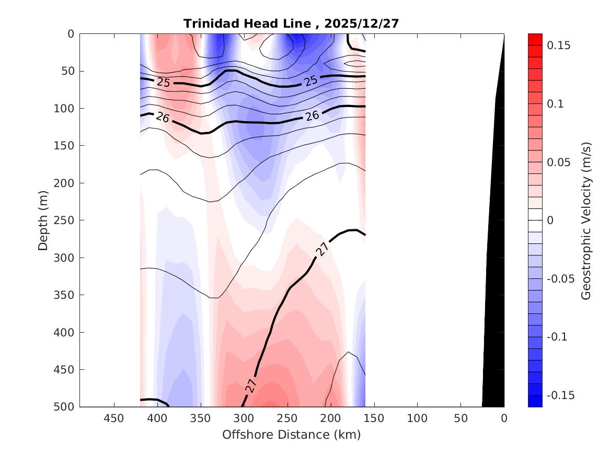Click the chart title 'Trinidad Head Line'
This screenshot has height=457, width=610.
[x=248, y=24]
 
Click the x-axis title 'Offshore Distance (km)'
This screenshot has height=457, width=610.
[x=292, y=435]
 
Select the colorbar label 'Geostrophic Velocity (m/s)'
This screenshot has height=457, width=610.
[x=586, y=220]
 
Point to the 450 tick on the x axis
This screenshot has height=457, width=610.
[x=114, y=418]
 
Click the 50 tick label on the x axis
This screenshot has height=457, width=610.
[x=461, y=418]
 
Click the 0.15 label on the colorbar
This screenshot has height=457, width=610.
[x=558, y=46]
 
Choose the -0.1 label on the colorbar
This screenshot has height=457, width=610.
[x=557, y=337]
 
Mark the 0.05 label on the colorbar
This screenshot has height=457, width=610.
[x=558, y=162]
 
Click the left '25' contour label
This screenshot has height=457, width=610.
[x=164, y=82]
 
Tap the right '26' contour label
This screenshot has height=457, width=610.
[x=312, y=115]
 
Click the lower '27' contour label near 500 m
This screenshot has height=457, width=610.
[x=251, y=385]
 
